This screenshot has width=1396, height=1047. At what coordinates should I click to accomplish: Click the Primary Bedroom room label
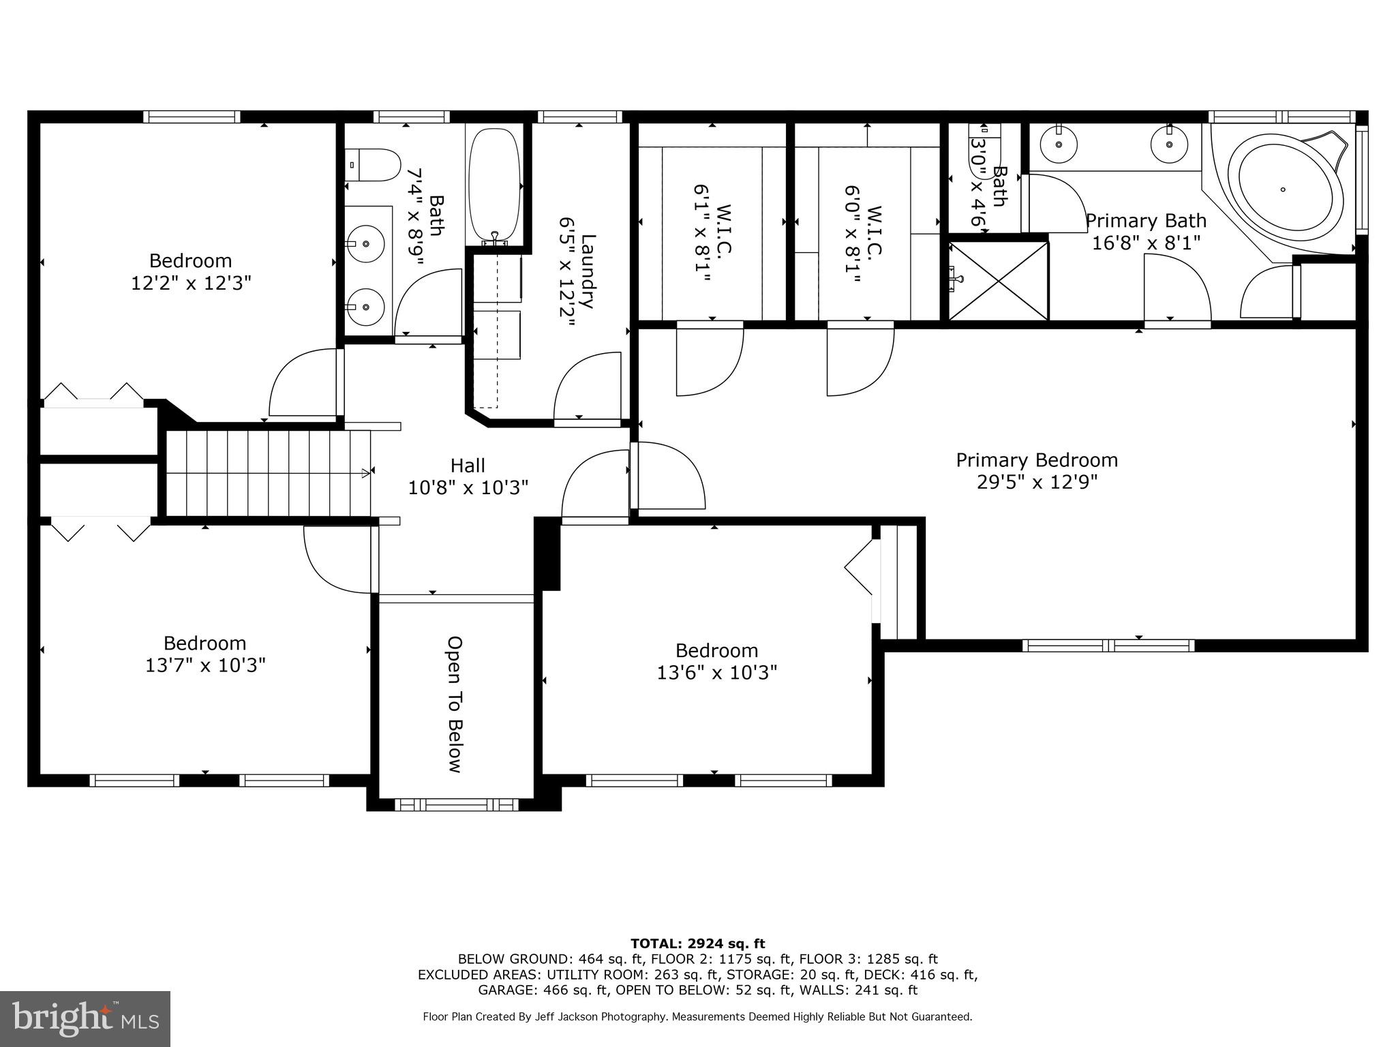pyautogui.click(x=1036, y=460)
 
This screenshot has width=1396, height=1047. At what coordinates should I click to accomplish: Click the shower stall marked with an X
pyautogui.click(x=999, y=280)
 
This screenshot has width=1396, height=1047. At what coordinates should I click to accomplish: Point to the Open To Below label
pyautogui.click(x=455, y=704)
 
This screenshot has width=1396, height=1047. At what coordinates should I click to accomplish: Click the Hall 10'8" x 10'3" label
pyautogui.click(x=468, y=476)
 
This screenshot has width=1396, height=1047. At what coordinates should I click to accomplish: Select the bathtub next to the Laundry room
pyautogui.click(x=494, y=184)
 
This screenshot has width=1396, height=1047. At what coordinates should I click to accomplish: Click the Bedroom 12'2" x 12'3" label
pyautogui.click(x=191, y=271)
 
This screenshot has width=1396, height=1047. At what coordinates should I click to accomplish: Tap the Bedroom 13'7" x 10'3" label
pyautogui.click(x=204, y=654)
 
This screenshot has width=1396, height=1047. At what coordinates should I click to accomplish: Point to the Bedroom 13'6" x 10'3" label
pyautogui.click(x=716, y=661)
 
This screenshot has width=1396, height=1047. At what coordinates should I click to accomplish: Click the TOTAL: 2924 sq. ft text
pyautogui.click(x=697, y=944)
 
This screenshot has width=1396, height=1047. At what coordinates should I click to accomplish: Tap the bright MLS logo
pyautogui.click(x=85, y=1020)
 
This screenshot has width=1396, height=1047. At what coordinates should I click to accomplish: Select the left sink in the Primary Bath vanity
pyautogui.click(x=1058, y=144)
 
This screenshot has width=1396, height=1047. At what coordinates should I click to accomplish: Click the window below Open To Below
pyautogui.click(x=456, y=805)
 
